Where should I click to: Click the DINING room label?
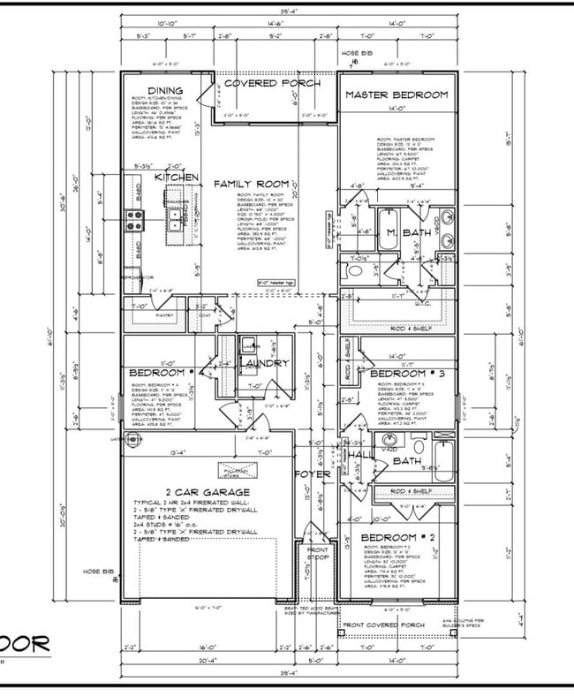pos(165,91)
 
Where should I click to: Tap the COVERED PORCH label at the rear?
pos(272,83)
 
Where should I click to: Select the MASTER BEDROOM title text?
pos(396,95)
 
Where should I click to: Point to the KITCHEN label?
pos(177,178)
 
